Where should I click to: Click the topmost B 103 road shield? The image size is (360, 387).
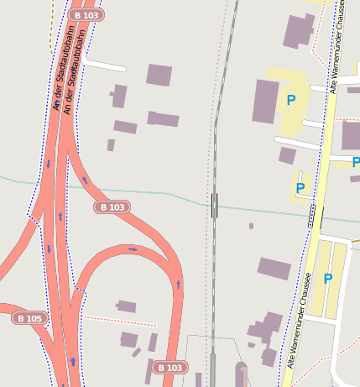click(x=86, y=15)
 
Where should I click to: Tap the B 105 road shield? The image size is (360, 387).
click(x=29, y=318)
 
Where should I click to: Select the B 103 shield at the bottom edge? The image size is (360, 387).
click(x=170, y=368)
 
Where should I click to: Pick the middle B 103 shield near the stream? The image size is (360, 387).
click(x=112, y=207)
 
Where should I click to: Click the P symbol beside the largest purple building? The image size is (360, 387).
click(x=291, y=101)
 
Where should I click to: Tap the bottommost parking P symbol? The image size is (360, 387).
click(x=328, y=279)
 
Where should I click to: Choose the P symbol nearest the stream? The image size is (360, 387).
click(x=300, y=187)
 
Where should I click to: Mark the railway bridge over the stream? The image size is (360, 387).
click(x=215, y=205)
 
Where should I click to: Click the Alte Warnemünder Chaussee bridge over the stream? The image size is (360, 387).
click(x=315, y=217)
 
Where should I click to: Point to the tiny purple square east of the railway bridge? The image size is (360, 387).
click(x=251, y=226)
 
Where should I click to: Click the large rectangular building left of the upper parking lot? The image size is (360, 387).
click(x=266, y=102)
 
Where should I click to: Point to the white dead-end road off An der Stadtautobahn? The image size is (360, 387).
click(x=105, y=65)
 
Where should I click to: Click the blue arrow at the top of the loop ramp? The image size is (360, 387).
click(x=133, y=248)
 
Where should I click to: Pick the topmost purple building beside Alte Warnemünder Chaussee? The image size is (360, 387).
click(x=299, y=30)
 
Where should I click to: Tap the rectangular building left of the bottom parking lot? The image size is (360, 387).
click(x=274, y=269)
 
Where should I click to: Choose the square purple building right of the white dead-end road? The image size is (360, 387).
click(x=159, y=75)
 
